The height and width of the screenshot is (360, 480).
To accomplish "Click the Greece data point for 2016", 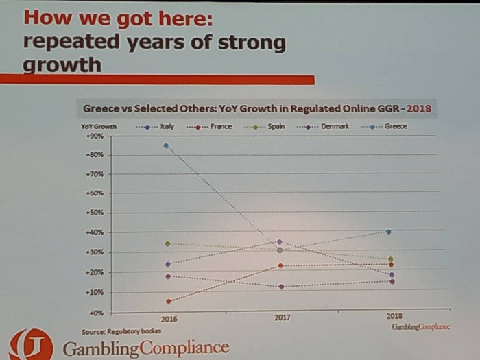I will click(x=167, y=145).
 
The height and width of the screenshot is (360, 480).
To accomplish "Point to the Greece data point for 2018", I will click(x=389, y=232).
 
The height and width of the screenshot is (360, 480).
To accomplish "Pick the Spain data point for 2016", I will click(x=167, y=243).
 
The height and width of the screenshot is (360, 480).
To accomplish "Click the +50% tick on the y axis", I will click(x=94, y=213).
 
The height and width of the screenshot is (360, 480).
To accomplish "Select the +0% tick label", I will click(x=95, y=313).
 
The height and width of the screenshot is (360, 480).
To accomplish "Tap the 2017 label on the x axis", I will click(x=281, y=318).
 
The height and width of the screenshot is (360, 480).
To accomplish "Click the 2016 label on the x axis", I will click(x=169, y=319).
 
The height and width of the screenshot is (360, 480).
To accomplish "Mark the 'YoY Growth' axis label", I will click(x=99, y=126).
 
